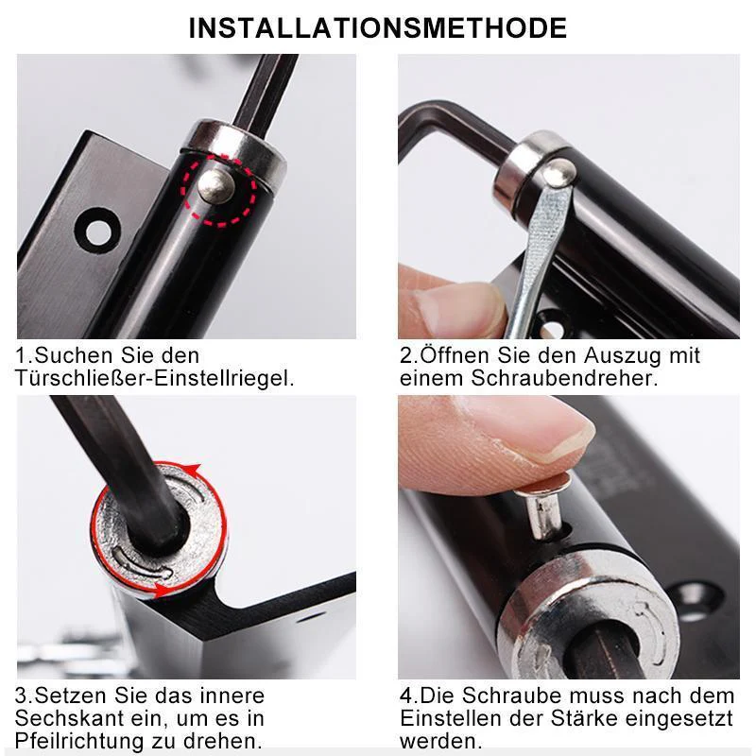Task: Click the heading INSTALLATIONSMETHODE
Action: (x=377, y=28)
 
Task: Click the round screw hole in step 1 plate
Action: (x=98, y=232)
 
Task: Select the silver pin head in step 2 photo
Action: (x=558, y=171)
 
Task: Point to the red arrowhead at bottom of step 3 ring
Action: (x=163, y=591)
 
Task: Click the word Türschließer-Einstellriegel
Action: (x=154, y=379)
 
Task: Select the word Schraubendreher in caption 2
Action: (x=564, y=379)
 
